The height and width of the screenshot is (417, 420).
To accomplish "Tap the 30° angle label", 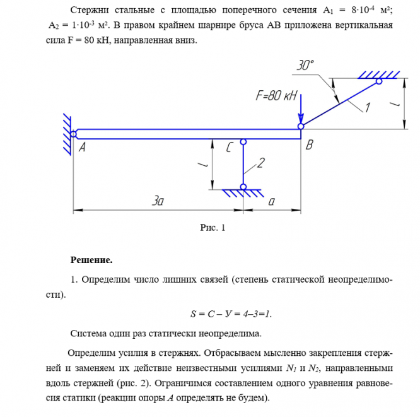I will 305,66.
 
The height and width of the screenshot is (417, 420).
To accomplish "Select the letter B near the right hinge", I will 309,146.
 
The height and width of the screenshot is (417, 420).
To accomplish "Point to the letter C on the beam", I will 231,148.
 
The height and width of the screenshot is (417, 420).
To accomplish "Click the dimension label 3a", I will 158,201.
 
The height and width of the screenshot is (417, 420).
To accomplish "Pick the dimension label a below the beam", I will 272,201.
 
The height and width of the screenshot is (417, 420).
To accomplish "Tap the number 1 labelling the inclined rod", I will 368,108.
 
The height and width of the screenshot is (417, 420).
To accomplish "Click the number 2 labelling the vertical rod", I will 260,163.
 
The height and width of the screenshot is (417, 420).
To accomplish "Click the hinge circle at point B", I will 301,127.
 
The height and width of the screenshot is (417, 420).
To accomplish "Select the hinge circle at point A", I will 74,134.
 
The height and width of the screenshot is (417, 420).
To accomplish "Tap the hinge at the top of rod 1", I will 379,81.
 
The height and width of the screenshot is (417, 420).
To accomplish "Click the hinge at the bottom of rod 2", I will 243,187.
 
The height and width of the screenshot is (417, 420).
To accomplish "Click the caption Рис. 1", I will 212,228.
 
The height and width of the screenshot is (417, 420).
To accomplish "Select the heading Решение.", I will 91,260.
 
